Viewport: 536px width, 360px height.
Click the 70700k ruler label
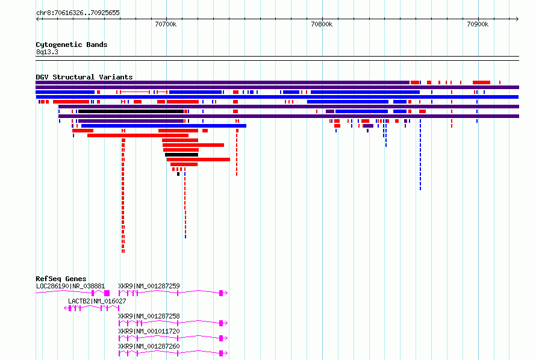[166, 24]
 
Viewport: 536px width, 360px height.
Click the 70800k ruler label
[322, 24]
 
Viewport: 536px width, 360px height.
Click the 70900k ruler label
[478, 24]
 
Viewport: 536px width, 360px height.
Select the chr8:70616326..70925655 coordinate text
[78, 13]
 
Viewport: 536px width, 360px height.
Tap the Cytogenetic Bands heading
[72, 45]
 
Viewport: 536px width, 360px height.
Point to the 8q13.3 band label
[47, 52]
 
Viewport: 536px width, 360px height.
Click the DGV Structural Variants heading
[84, 77]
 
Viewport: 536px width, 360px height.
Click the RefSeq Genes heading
[61, 279]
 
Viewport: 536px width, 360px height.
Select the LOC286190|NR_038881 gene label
[70, 286]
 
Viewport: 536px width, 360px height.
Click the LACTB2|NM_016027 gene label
[97, 301]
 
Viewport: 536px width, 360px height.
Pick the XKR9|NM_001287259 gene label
[149, 286]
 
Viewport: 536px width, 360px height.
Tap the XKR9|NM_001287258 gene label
[149, 316]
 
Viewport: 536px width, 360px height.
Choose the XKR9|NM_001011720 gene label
[149, 331]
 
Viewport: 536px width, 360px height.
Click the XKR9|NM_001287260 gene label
[149, 346]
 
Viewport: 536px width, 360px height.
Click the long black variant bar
[131, 111]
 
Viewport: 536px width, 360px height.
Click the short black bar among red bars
[181, 155]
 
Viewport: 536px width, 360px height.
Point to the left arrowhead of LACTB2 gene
[65, 308]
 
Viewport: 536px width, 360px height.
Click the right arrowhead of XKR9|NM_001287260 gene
[226, 353]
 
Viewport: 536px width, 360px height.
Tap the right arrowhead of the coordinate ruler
[517, 19]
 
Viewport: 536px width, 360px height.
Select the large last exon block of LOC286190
[107, 293]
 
